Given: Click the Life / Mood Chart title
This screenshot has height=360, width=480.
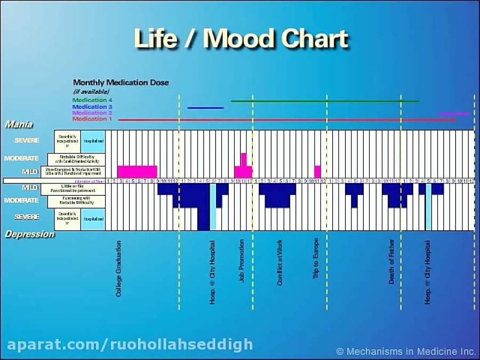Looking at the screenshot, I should (241, 39).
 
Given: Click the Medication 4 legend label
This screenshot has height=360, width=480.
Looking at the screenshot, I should (92, 100).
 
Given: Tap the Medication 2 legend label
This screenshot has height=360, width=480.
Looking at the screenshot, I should (92, 113).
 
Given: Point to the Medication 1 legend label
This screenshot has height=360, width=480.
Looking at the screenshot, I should (92, 119).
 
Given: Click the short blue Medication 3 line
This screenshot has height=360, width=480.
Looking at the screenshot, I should (205, 108).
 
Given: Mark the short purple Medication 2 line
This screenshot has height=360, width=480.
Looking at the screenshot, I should (453, 114).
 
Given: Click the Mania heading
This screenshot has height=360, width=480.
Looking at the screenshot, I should (19, 125).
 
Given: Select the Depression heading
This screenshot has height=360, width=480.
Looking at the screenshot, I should (29, 234).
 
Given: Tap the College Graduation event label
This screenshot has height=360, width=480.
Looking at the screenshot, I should (118, 268).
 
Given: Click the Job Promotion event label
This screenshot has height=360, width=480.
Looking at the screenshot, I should (242, 261).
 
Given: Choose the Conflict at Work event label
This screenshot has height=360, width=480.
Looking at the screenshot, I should (279, 262).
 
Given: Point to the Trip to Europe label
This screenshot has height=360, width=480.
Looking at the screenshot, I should (316, 260).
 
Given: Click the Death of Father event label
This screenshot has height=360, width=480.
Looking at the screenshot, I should (392, 261).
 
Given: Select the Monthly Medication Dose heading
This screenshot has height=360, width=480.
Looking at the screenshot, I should (121, 83).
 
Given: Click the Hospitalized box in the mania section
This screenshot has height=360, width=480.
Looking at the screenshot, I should (93, 141).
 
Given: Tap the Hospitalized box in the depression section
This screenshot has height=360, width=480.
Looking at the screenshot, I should (93, 219).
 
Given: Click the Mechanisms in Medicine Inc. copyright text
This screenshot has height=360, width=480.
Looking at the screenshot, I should (406, 351).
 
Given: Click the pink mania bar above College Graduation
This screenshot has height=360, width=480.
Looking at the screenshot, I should (137, 172).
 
